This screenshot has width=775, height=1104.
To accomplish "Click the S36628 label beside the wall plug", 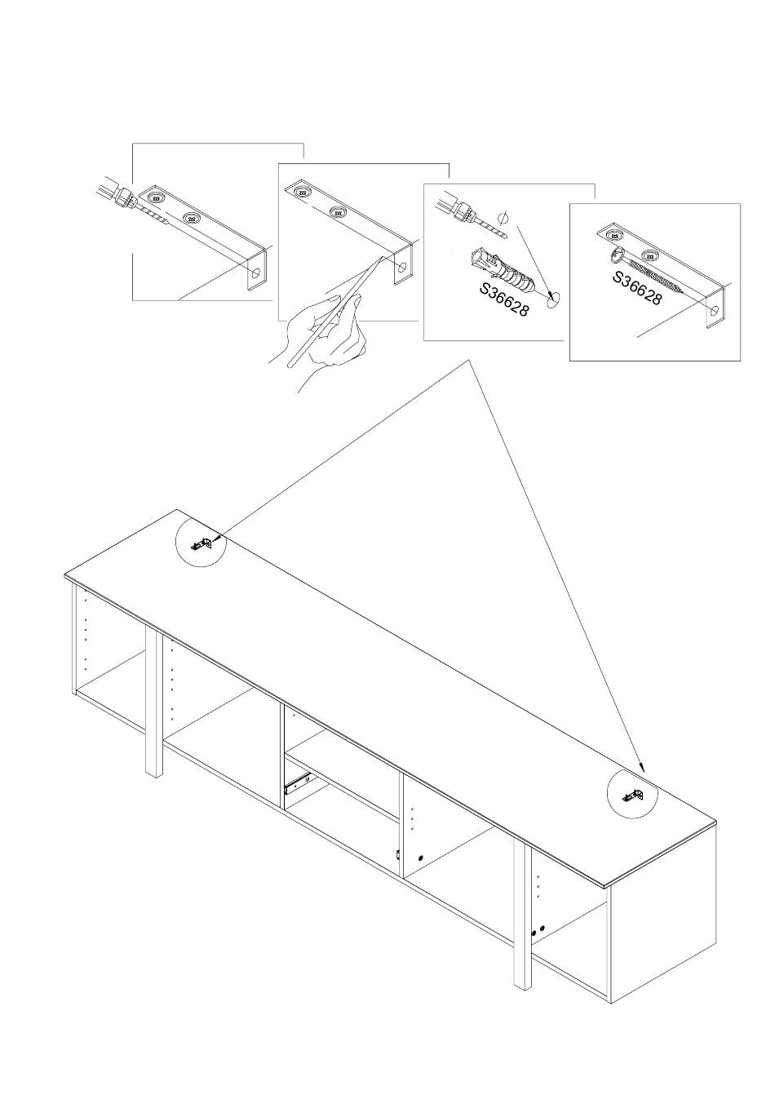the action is pos(504,299).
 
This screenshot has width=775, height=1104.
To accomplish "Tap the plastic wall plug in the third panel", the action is pos(500,273).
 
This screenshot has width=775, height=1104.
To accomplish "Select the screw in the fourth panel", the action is pos(646,272).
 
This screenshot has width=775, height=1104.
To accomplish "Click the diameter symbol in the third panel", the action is pos(503,217).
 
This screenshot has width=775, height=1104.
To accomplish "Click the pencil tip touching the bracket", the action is pos(382,258).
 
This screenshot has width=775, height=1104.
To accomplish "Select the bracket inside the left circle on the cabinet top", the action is pos(201,544).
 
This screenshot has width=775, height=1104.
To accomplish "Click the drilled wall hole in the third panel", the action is pos(555,298).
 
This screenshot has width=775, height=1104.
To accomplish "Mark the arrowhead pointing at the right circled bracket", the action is pos(641,779).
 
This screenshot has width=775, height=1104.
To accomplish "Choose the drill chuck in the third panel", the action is pos(461,208).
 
